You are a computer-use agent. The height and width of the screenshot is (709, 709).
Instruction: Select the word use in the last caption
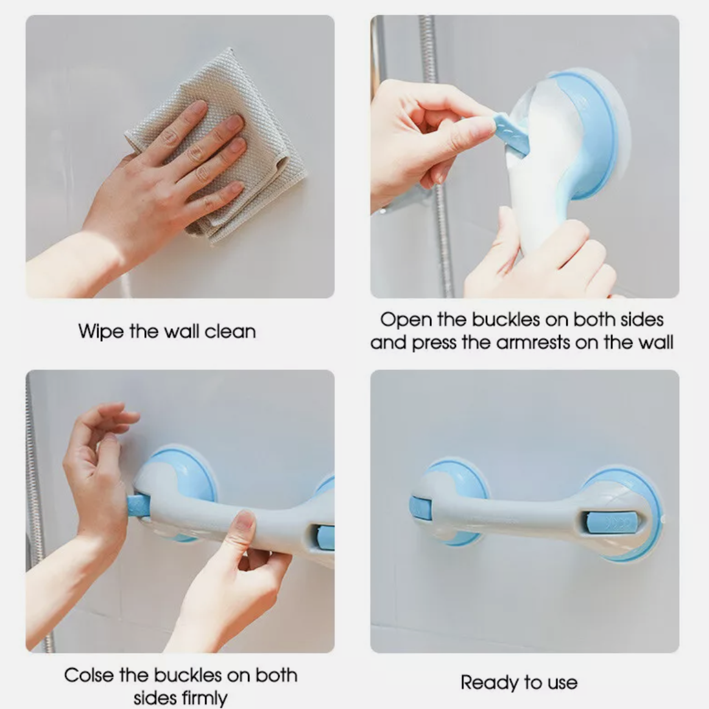coord(562,683)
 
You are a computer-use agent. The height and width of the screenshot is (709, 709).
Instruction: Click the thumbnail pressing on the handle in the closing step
coord(244,523)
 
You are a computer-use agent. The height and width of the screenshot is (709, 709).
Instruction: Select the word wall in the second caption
coord(655,342)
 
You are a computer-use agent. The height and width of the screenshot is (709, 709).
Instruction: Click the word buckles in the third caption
coord(187,675)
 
